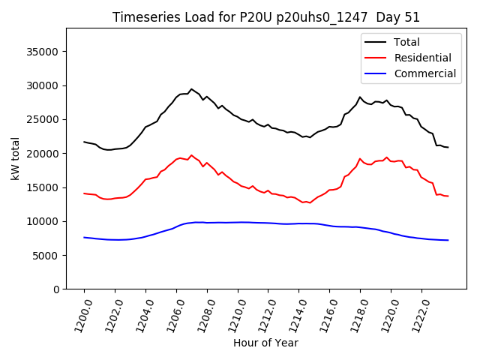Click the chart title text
(266, 17)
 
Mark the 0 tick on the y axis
(57, 289)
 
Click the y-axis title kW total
(15, 159)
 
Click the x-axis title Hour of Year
(265, 343)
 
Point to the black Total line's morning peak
(191, 89)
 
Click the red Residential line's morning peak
(191, 155)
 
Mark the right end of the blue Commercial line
(448, 240)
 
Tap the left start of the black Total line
(84, 142)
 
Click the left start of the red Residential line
(84, 193)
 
